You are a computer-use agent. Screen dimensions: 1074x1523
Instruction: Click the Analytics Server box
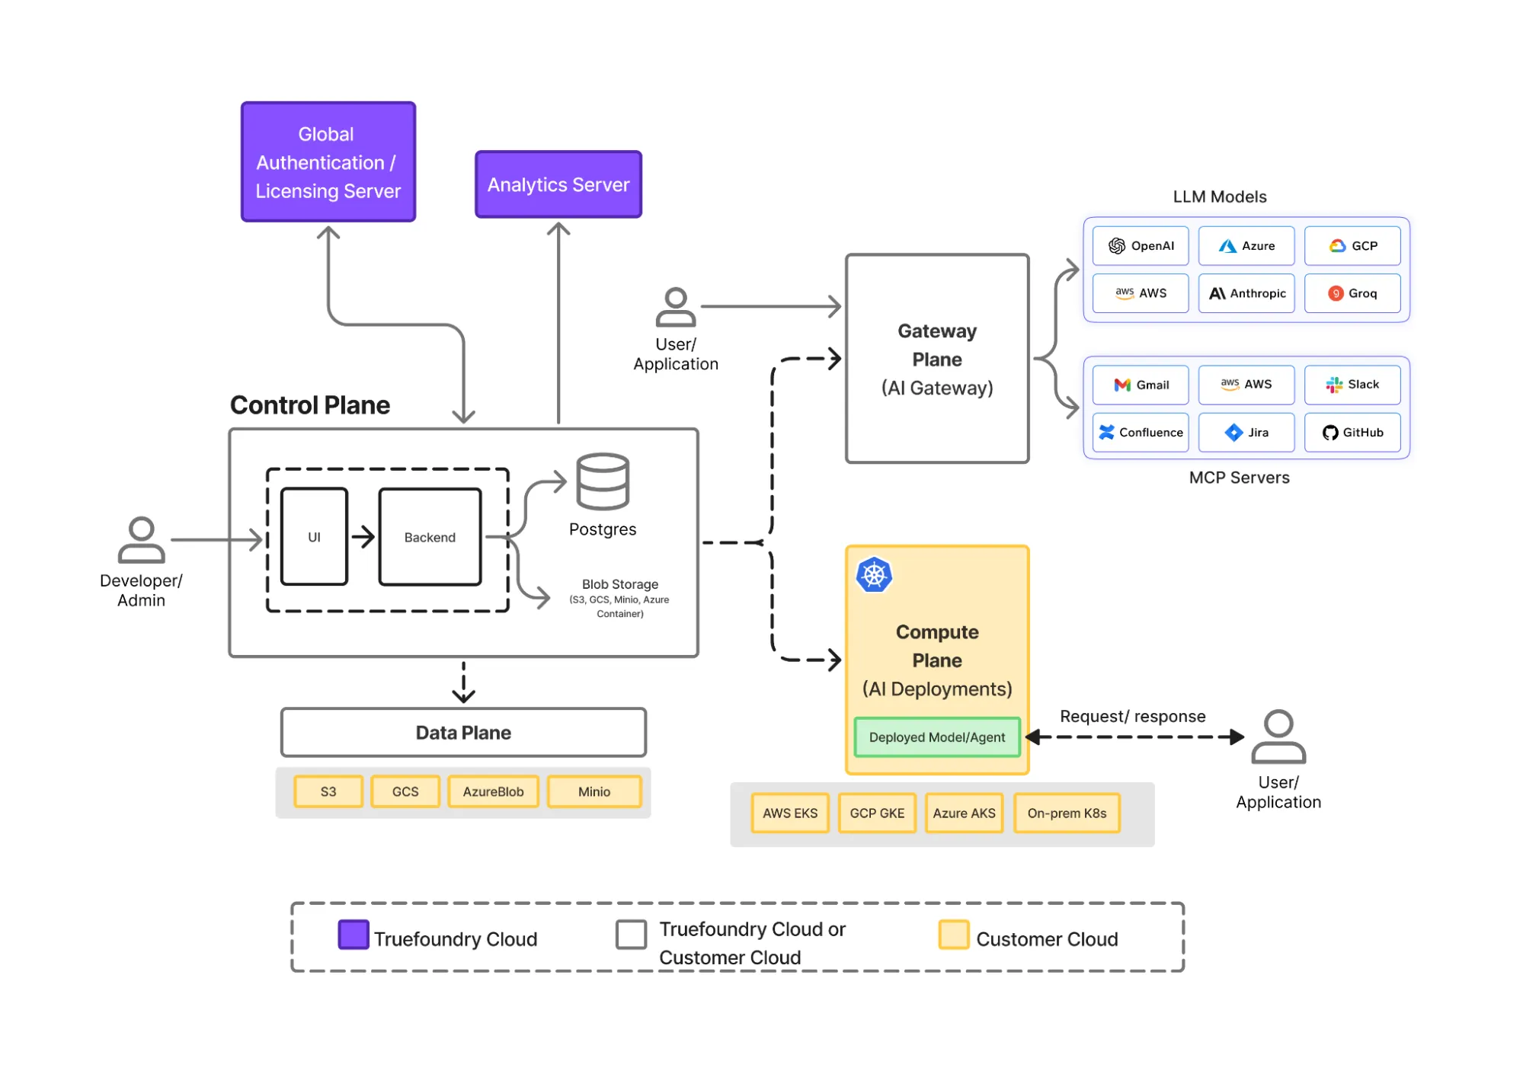558,184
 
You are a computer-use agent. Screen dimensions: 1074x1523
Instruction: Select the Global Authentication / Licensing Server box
328,161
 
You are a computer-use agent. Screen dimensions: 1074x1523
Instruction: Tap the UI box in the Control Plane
314,536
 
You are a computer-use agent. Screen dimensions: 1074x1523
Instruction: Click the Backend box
430,536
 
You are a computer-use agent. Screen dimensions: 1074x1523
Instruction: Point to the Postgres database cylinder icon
602,481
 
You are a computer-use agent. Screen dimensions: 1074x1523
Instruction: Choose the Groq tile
1352,293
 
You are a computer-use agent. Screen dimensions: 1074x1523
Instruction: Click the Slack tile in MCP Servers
1352,385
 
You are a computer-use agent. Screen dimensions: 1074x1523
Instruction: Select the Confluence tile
1140,432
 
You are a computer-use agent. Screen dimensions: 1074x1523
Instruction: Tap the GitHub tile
1352,432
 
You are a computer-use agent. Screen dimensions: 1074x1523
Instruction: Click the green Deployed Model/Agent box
936,737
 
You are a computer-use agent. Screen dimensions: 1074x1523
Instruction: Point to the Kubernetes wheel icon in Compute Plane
874,575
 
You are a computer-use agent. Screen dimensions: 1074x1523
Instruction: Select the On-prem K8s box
1066,813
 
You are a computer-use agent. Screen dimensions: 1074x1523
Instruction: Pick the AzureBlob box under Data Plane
493,791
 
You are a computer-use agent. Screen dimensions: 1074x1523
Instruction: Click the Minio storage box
594,791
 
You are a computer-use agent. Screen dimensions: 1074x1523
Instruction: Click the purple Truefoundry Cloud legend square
354,934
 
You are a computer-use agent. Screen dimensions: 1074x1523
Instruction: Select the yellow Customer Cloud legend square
953,934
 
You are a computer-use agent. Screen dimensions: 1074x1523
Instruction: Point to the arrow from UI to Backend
363,536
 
